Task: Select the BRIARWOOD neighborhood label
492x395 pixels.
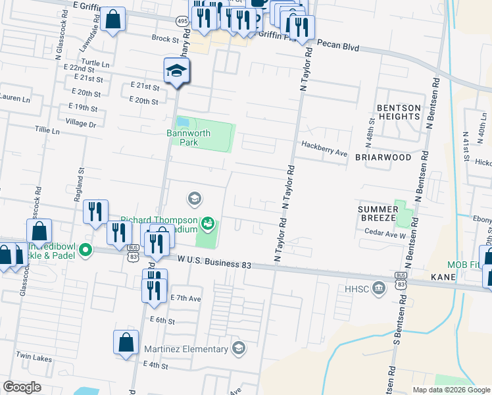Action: click(x=383, y=158)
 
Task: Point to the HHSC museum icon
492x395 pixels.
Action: click(x=378, y=288)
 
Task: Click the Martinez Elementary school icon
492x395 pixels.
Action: click(x=239, y=348)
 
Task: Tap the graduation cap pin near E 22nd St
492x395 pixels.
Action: click(x=177, y=70)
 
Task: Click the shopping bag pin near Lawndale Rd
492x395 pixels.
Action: click(x=113, y=20)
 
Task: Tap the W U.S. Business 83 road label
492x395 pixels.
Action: click(x=215, y=263)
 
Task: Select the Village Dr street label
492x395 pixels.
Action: click(x=81, y=123)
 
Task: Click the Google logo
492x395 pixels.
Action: click(x=22, y=387)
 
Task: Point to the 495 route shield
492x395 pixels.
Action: click(x=182, y=21)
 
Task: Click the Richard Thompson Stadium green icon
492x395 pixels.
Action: click(x=208, y=224)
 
